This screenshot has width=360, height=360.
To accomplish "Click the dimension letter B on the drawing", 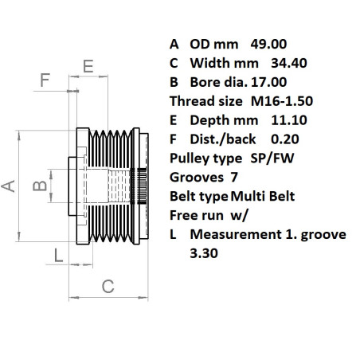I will click(x=37, y=188).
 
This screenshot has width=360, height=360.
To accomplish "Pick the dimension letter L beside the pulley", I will click(x=58, y=255).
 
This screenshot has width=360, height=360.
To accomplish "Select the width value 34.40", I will click(x=289, y=63).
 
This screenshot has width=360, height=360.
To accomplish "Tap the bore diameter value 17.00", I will click(x=268, y=82).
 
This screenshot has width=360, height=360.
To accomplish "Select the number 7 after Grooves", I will click(x=233, y=177).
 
